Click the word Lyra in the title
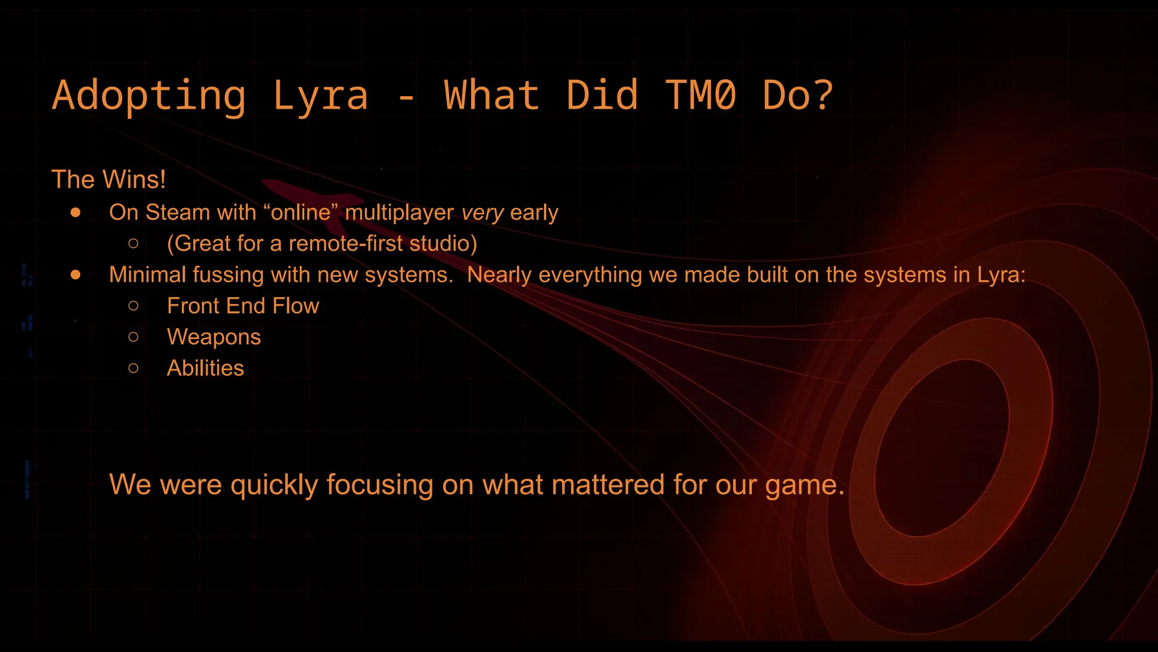[320, 95]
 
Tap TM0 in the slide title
[700, 95]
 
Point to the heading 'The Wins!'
[109, 179]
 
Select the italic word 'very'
[482, 213]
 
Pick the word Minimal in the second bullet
[147, 274]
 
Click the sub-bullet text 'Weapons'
[214, 337]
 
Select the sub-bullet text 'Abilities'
[205, 368]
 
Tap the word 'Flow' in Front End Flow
[295, 306]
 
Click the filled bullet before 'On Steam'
[76, 213]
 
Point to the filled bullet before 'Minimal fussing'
[76, 275]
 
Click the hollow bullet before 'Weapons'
[133, 337]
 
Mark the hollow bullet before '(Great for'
[133, 244]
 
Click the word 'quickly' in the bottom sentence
[274, 485]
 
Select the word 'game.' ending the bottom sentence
[805, 485]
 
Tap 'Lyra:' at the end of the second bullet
[1001, 274]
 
